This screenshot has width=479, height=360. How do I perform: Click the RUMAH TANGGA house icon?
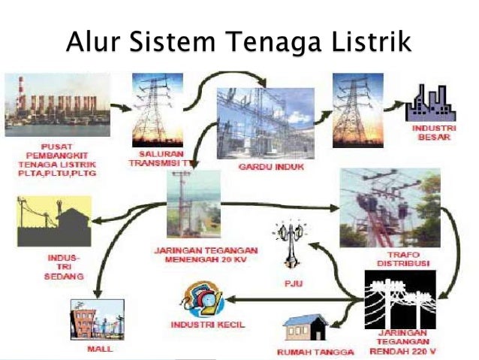tap(306, 328)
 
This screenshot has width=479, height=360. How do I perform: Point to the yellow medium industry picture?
tap(54, 222)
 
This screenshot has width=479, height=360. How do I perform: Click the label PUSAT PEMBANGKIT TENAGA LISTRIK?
tap(57, 158)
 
